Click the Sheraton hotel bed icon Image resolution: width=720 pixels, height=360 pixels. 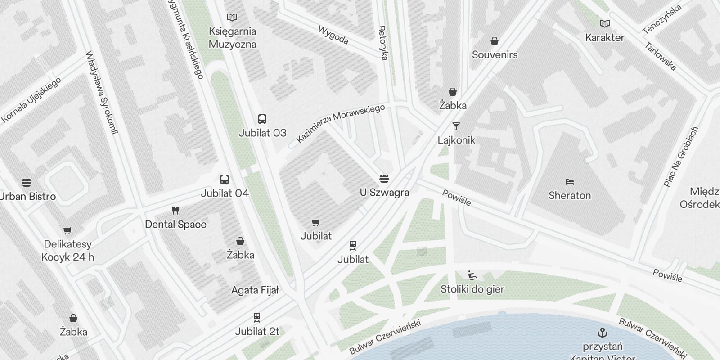point(569,182)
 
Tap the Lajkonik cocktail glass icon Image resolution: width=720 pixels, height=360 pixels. point(456,126)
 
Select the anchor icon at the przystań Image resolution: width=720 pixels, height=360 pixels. point(602,333)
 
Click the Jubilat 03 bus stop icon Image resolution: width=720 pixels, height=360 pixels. point(262,119)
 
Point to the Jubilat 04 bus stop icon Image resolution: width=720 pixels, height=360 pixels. point(224,180)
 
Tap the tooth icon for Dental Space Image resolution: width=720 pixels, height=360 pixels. point(175,211)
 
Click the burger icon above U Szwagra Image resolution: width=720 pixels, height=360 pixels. point(384,179)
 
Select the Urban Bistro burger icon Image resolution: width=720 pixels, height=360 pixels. point(27,183)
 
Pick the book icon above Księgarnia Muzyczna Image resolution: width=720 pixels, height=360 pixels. point(232,18)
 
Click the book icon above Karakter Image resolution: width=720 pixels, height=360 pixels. point(605,23)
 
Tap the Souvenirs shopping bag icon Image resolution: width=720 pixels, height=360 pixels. point(495,41)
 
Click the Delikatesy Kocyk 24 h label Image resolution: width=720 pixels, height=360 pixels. point(67,251)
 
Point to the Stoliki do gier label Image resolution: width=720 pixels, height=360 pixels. point(472,289)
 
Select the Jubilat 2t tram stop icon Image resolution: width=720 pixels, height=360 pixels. point(257,318)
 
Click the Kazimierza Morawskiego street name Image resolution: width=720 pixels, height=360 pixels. point(341,124)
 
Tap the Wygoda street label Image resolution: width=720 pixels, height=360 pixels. point(333,36)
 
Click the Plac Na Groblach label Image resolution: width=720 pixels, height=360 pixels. point(681,156)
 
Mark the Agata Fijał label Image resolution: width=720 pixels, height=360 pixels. point(255,290)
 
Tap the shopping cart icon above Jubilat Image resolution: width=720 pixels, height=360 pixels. point(316,222)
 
